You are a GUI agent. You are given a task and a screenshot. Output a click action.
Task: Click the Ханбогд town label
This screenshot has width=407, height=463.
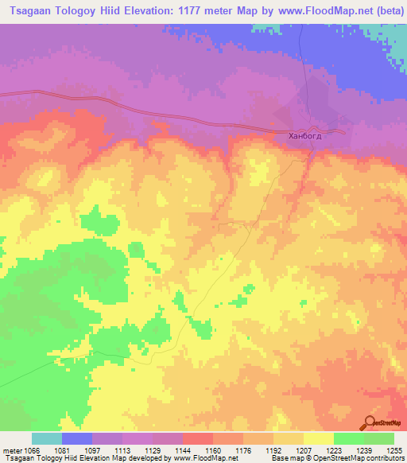tap(306, 136)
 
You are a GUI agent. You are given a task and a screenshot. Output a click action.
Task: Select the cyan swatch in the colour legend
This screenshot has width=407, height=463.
tap(47, 438)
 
